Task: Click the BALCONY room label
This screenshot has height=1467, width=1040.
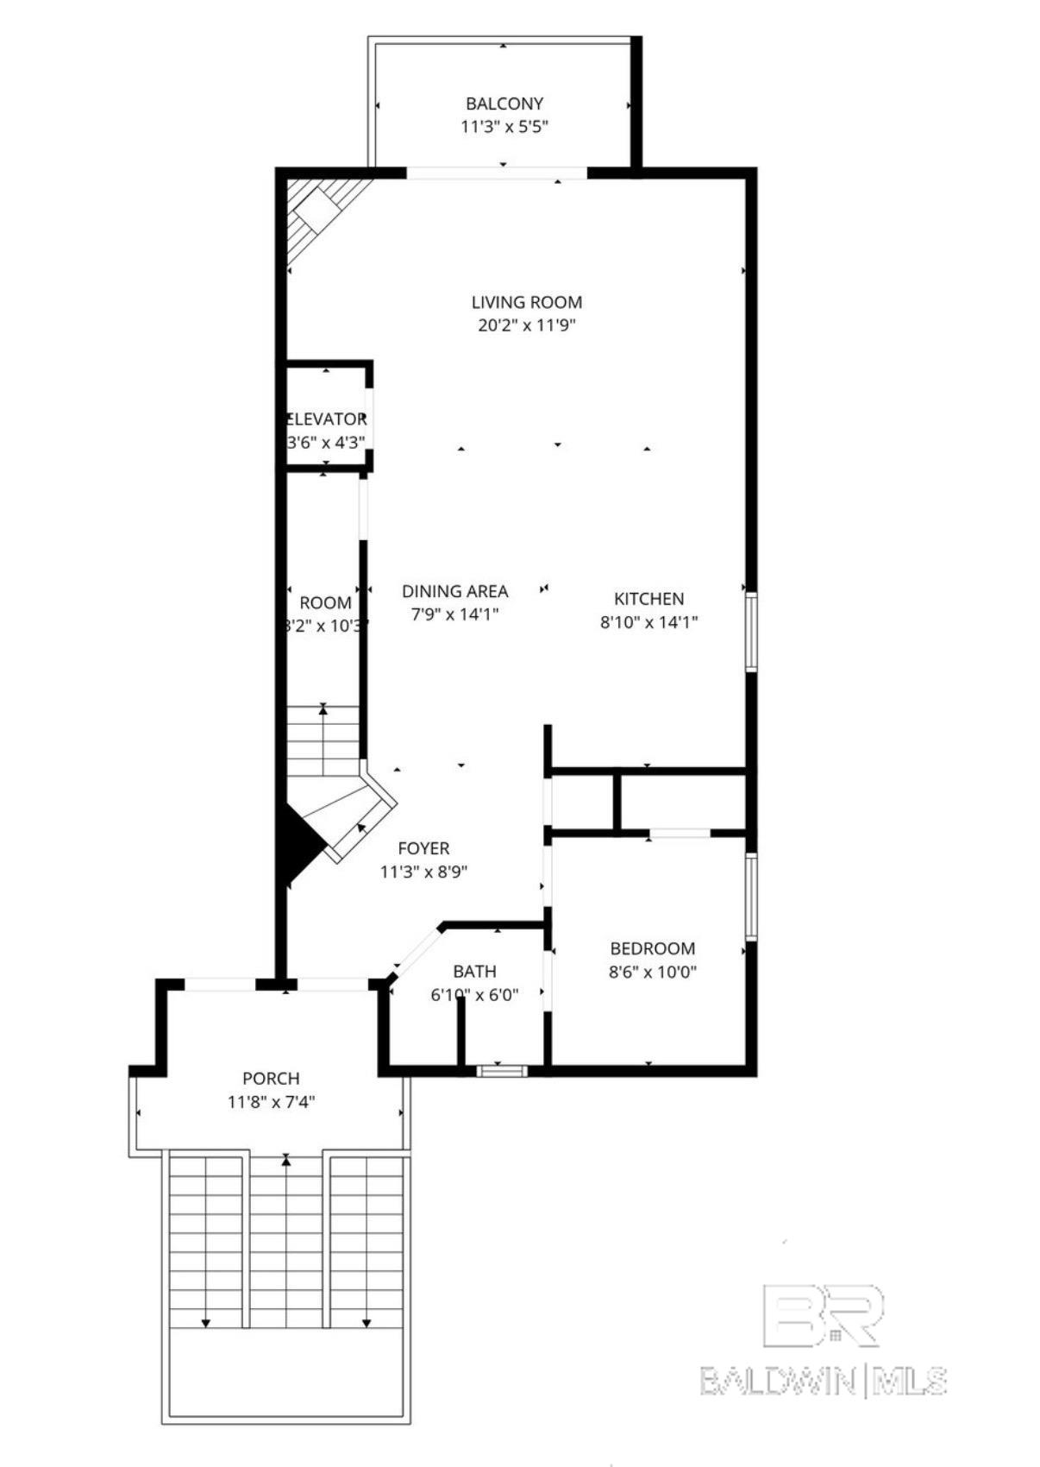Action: click(504, 104)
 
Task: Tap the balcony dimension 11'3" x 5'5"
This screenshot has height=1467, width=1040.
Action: click(504, 127)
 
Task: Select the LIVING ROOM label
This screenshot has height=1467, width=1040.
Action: click(526, 302)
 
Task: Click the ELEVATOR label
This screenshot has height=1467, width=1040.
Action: click(326, 419)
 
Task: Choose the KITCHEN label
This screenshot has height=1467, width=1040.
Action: click(648, 598)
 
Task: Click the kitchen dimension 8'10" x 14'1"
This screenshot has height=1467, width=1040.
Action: click(648, 621)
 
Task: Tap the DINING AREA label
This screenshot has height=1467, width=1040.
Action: click(454, 591)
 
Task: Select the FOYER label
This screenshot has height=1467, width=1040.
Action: click(423, 848)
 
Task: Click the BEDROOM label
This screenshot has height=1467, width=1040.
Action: click(652, 948)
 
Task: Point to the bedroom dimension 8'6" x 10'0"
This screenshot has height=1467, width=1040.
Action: click(652, 972)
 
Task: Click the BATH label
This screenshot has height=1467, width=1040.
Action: click(474, 971)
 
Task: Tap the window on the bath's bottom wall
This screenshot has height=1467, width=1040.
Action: click(502, 1071)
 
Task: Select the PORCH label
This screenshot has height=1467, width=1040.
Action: click(271, 1078)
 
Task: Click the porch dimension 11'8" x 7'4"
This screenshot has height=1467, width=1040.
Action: click(271, 1102)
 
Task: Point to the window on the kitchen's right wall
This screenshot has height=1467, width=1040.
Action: click(751, 631)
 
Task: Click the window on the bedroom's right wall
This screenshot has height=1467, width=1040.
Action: click(751, 896)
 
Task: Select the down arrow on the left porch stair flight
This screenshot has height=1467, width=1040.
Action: click(206, 1322)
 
